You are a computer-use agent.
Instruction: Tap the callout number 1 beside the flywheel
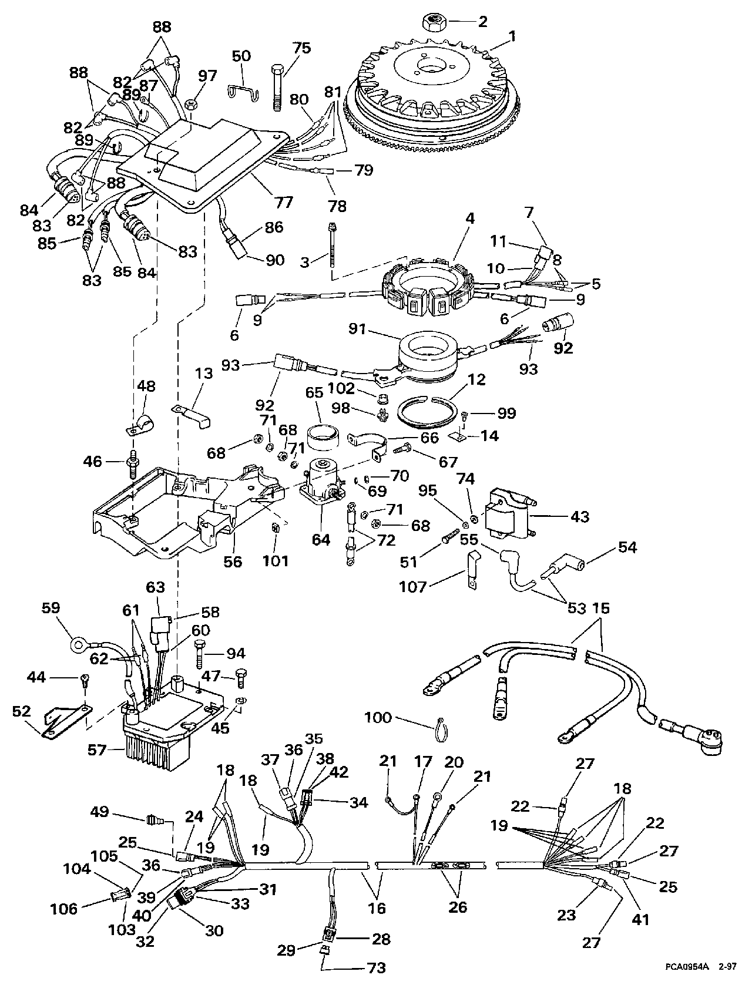tap(512, 36)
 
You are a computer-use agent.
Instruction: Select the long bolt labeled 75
tap(277, 88)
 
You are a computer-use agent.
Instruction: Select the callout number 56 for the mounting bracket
tap(233, 561)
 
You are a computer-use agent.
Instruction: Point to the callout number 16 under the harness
tap(377, 907)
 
